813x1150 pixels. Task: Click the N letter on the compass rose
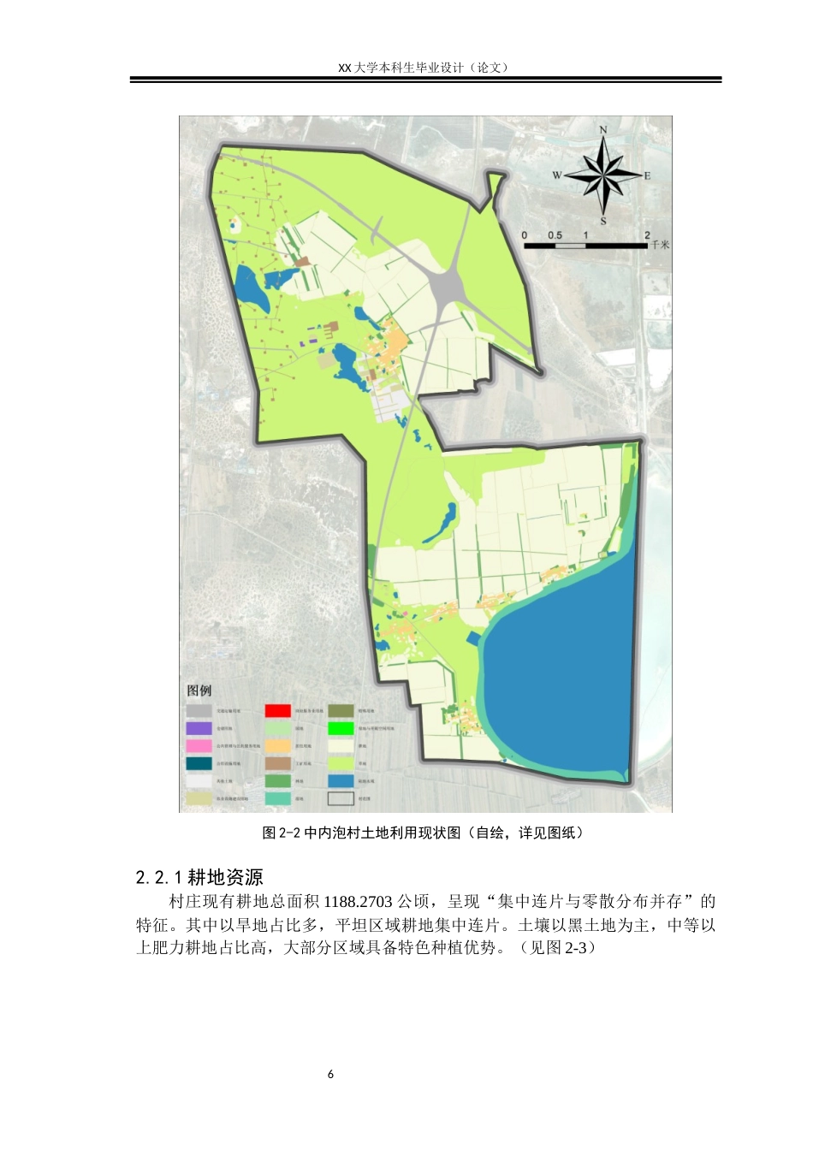click(603, 130)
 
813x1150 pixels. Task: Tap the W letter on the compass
click(556, 175)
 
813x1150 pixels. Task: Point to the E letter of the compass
click(648, 176)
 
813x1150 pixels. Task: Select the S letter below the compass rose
click(603, 222)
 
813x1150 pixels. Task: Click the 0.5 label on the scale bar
click(555, 235)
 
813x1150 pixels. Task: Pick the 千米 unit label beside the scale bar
click(660, 245)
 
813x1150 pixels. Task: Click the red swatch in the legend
click(277, 710)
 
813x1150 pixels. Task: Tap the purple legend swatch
click(199, 728)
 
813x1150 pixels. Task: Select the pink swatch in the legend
click(199, 746)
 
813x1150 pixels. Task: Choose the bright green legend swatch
click(341, 728)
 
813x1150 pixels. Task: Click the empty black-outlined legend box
click(341, 799)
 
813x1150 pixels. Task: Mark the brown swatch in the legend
click(277, 763)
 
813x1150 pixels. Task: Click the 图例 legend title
click(199, 691)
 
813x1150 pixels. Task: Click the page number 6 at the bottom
click(331, 1075)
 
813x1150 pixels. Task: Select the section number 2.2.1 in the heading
click(159, 878)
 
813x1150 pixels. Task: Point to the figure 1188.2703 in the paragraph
click(358, 902)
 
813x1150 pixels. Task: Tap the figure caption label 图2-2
click(282, 833)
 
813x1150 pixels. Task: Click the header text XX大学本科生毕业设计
click(401, 68)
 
